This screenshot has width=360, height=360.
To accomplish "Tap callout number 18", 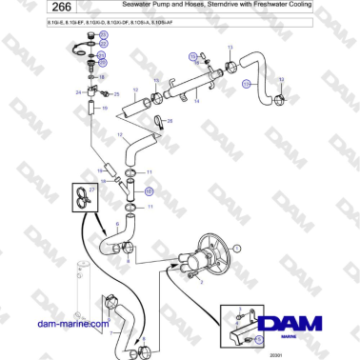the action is [102, 74].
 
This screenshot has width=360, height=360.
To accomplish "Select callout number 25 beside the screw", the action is [116, 94].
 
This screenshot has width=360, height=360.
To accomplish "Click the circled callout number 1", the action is [238, 247].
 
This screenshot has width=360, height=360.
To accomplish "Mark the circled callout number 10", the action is [148, 190].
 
